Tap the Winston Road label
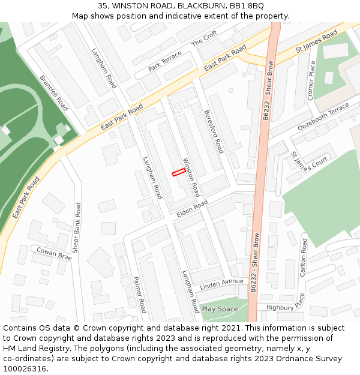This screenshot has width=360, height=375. point(191,178)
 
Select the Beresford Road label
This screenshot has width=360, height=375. point(213,131)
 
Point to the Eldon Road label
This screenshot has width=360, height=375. point(192,209)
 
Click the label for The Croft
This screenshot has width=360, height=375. point(204,40)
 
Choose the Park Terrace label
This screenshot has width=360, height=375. point(164,61)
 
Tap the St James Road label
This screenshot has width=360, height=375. point(317,42)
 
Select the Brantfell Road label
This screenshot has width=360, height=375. point(54,92)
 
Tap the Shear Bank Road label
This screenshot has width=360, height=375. point(76,227)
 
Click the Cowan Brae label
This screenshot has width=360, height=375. point(54,253)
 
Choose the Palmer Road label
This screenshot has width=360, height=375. point(140,295)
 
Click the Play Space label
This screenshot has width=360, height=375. point(220,309)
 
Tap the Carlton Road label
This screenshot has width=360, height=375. point(304,257)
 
